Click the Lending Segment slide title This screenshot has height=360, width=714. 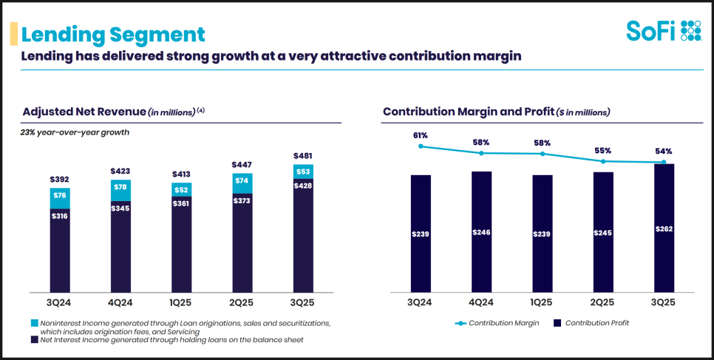(113, 34)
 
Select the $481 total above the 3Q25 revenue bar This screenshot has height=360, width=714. (303, 156)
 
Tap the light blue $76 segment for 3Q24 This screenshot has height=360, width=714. (60, 196)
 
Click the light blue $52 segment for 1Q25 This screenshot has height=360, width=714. (182, 189)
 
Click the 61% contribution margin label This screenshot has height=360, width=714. (421, 136)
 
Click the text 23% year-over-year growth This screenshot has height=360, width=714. (75, 133)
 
